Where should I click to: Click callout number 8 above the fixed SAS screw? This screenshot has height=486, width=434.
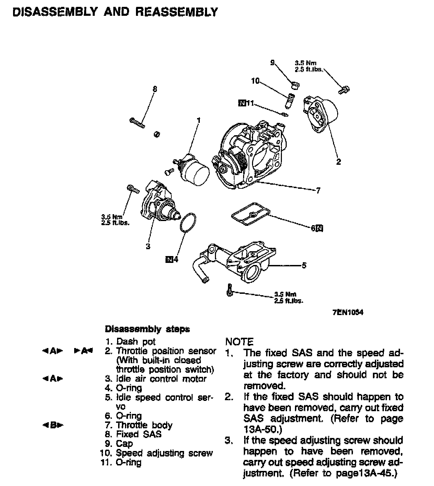click(155, 89)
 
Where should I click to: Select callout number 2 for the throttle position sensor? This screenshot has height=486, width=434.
click(338, 162)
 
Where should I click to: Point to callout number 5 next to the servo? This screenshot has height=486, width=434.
click(304, 265)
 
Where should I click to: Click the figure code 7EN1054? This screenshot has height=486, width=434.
click(348, 312)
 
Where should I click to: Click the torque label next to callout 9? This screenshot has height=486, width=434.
click(308, 66)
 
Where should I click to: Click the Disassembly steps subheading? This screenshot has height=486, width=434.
click(147, 329)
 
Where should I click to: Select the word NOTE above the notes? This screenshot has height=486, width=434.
click(239, 342)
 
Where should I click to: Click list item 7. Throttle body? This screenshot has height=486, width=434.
click(139, 425)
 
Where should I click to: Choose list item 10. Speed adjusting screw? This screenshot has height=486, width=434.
click(157, 453)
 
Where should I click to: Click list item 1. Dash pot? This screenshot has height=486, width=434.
click(131, 342)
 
